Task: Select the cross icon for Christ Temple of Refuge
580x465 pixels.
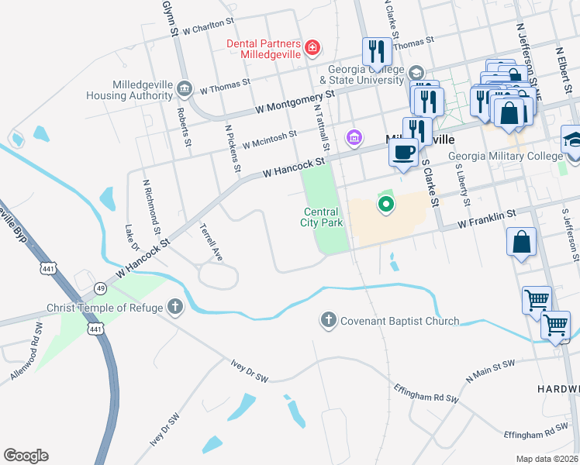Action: (x=176, y=308)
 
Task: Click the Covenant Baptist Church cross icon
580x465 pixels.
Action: (x=329, y=320)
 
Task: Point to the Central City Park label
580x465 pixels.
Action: (x=321, y=217)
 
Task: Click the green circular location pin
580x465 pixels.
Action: (x=385, y=205)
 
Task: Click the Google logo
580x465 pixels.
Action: (x=26, y=456)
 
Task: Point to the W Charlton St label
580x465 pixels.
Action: (x=203, y=26)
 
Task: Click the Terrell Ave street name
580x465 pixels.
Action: (x=211, y=243)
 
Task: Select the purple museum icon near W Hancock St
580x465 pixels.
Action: (x=354, y=138)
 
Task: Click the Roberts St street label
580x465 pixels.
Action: (x=185, y=128)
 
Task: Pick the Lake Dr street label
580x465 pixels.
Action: (x=130, y=238)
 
